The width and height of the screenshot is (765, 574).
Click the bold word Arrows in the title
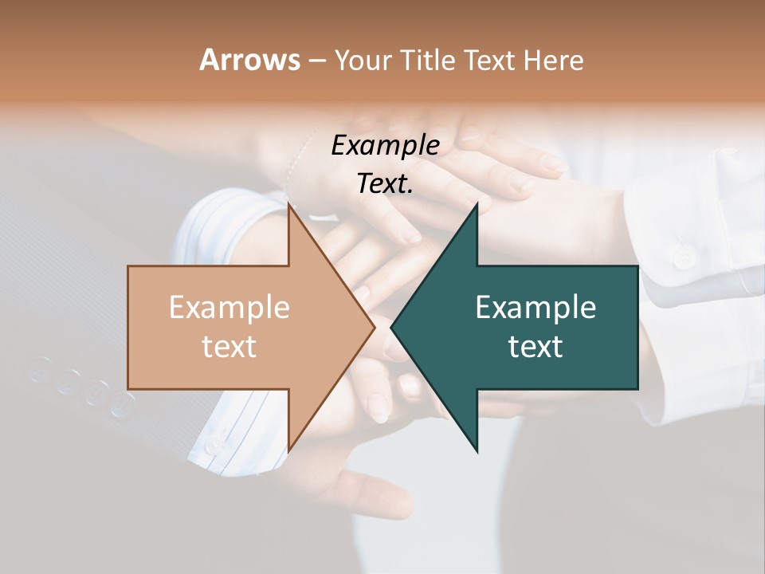pyautogui.click(x=249, y=60)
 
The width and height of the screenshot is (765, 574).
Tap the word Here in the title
pyautogui.click(x=555, y=60)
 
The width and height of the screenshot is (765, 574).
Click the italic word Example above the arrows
pyautogui.click(x=385, y=145)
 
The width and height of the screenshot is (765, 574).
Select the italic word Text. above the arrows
pyautogui.click(x=385, y=183)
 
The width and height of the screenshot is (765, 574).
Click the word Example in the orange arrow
pyautogui.click(x=229, y=307)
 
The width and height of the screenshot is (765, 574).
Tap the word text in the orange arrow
pyautogui.click(x=229, y=346)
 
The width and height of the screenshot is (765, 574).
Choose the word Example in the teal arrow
pyautogui.click(x=535, y=307)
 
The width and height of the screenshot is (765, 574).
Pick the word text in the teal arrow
pyautogui.click(x=535, y=346)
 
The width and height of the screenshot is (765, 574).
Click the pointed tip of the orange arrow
pyautogui.click(x=374, y=327)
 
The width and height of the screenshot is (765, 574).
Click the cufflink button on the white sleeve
pyautogui.click(x=682, y=257)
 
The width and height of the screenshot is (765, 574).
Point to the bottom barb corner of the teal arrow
pyautogui.click(x=477, y=451)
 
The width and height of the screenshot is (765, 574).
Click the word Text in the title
pyautogui.click(x=492, y=60)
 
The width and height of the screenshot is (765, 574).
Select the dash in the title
pyautogui.click(x=316, y=61)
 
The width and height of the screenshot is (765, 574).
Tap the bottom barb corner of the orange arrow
pyautogui.click(x=288, y=451)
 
